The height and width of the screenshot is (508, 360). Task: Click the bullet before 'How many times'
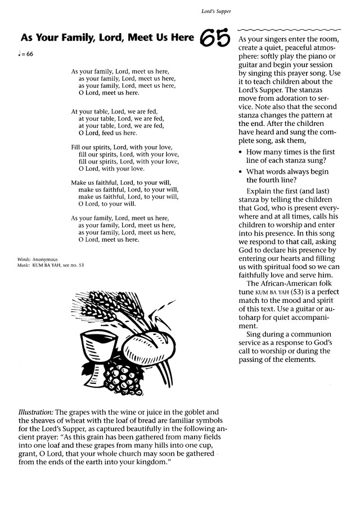(241, 152)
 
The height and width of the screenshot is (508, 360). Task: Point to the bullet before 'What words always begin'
(241, 172)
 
